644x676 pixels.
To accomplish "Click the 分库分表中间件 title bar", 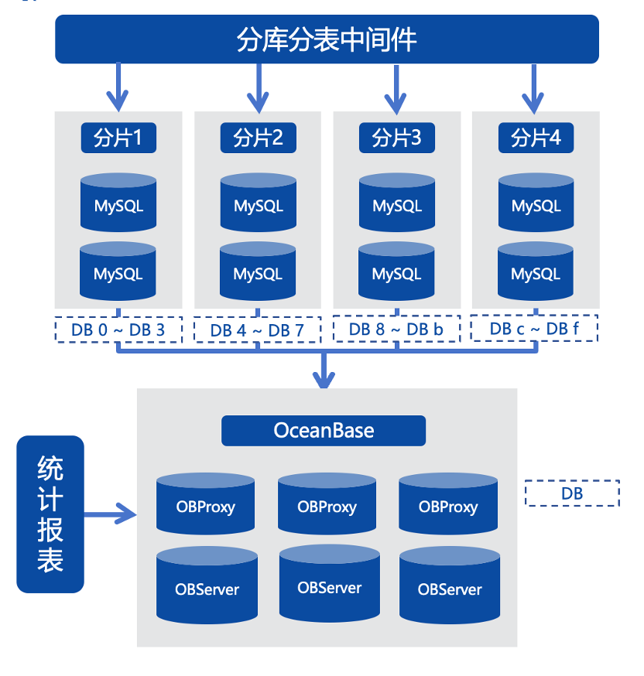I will [327, 39].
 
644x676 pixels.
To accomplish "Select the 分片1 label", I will [118, 138].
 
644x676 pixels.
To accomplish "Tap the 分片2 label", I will [258, 138].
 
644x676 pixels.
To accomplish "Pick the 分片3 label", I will [396, 138].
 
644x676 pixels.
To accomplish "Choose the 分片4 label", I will [536, 138].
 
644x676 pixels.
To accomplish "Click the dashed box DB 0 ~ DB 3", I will [118, 330].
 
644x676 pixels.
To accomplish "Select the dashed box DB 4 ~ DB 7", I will [258, 330].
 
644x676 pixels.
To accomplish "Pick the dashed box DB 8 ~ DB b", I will [396, 329].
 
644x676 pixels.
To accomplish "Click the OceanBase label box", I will [324, 431].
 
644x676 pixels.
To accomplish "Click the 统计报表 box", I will [50, 514].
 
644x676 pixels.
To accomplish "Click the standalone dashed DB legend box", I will [572, 493].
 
